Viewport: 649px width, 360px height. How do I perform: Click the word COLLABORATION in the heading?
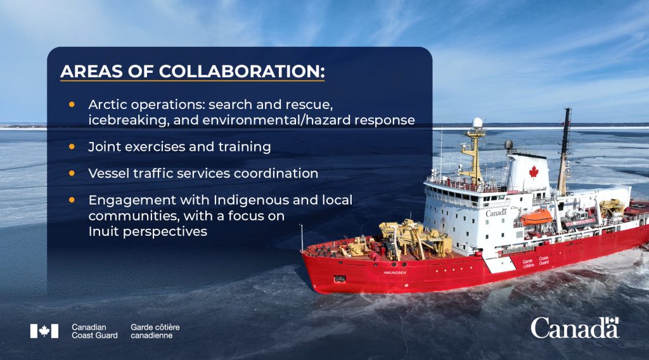point(241,71)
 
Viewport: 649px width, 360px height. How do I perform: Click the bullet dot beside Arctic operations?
point(72,103)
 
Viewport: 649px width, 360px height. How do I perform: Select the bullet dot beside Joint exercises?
point(72,146)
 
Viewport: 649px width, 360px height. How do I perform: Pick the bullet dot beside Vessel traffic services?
point(72,172)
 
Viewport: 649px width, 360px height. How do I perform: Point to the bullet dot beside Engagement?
point(72,199)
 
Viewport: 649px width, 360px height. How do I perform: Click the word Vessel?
point(108,173)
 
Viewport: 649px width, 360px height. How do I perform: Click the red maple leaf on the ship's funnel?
point(533,171)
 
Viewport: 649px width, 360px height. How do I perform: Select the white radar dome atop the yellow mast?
point(477,122)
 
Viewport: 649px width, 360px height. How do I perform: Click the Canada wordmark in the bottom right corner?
point(574,328)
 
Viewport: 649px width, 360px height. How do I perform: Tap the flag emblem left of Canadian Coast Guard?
point(44,331)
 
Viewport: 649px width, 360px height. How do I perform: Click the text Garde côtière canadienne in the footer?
point(155,331)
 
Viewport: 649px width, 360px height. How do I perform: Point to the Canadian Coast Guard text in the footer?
point(94,331)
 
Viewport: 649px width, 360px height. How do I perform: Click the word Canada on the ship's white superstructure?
point(496,213)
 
